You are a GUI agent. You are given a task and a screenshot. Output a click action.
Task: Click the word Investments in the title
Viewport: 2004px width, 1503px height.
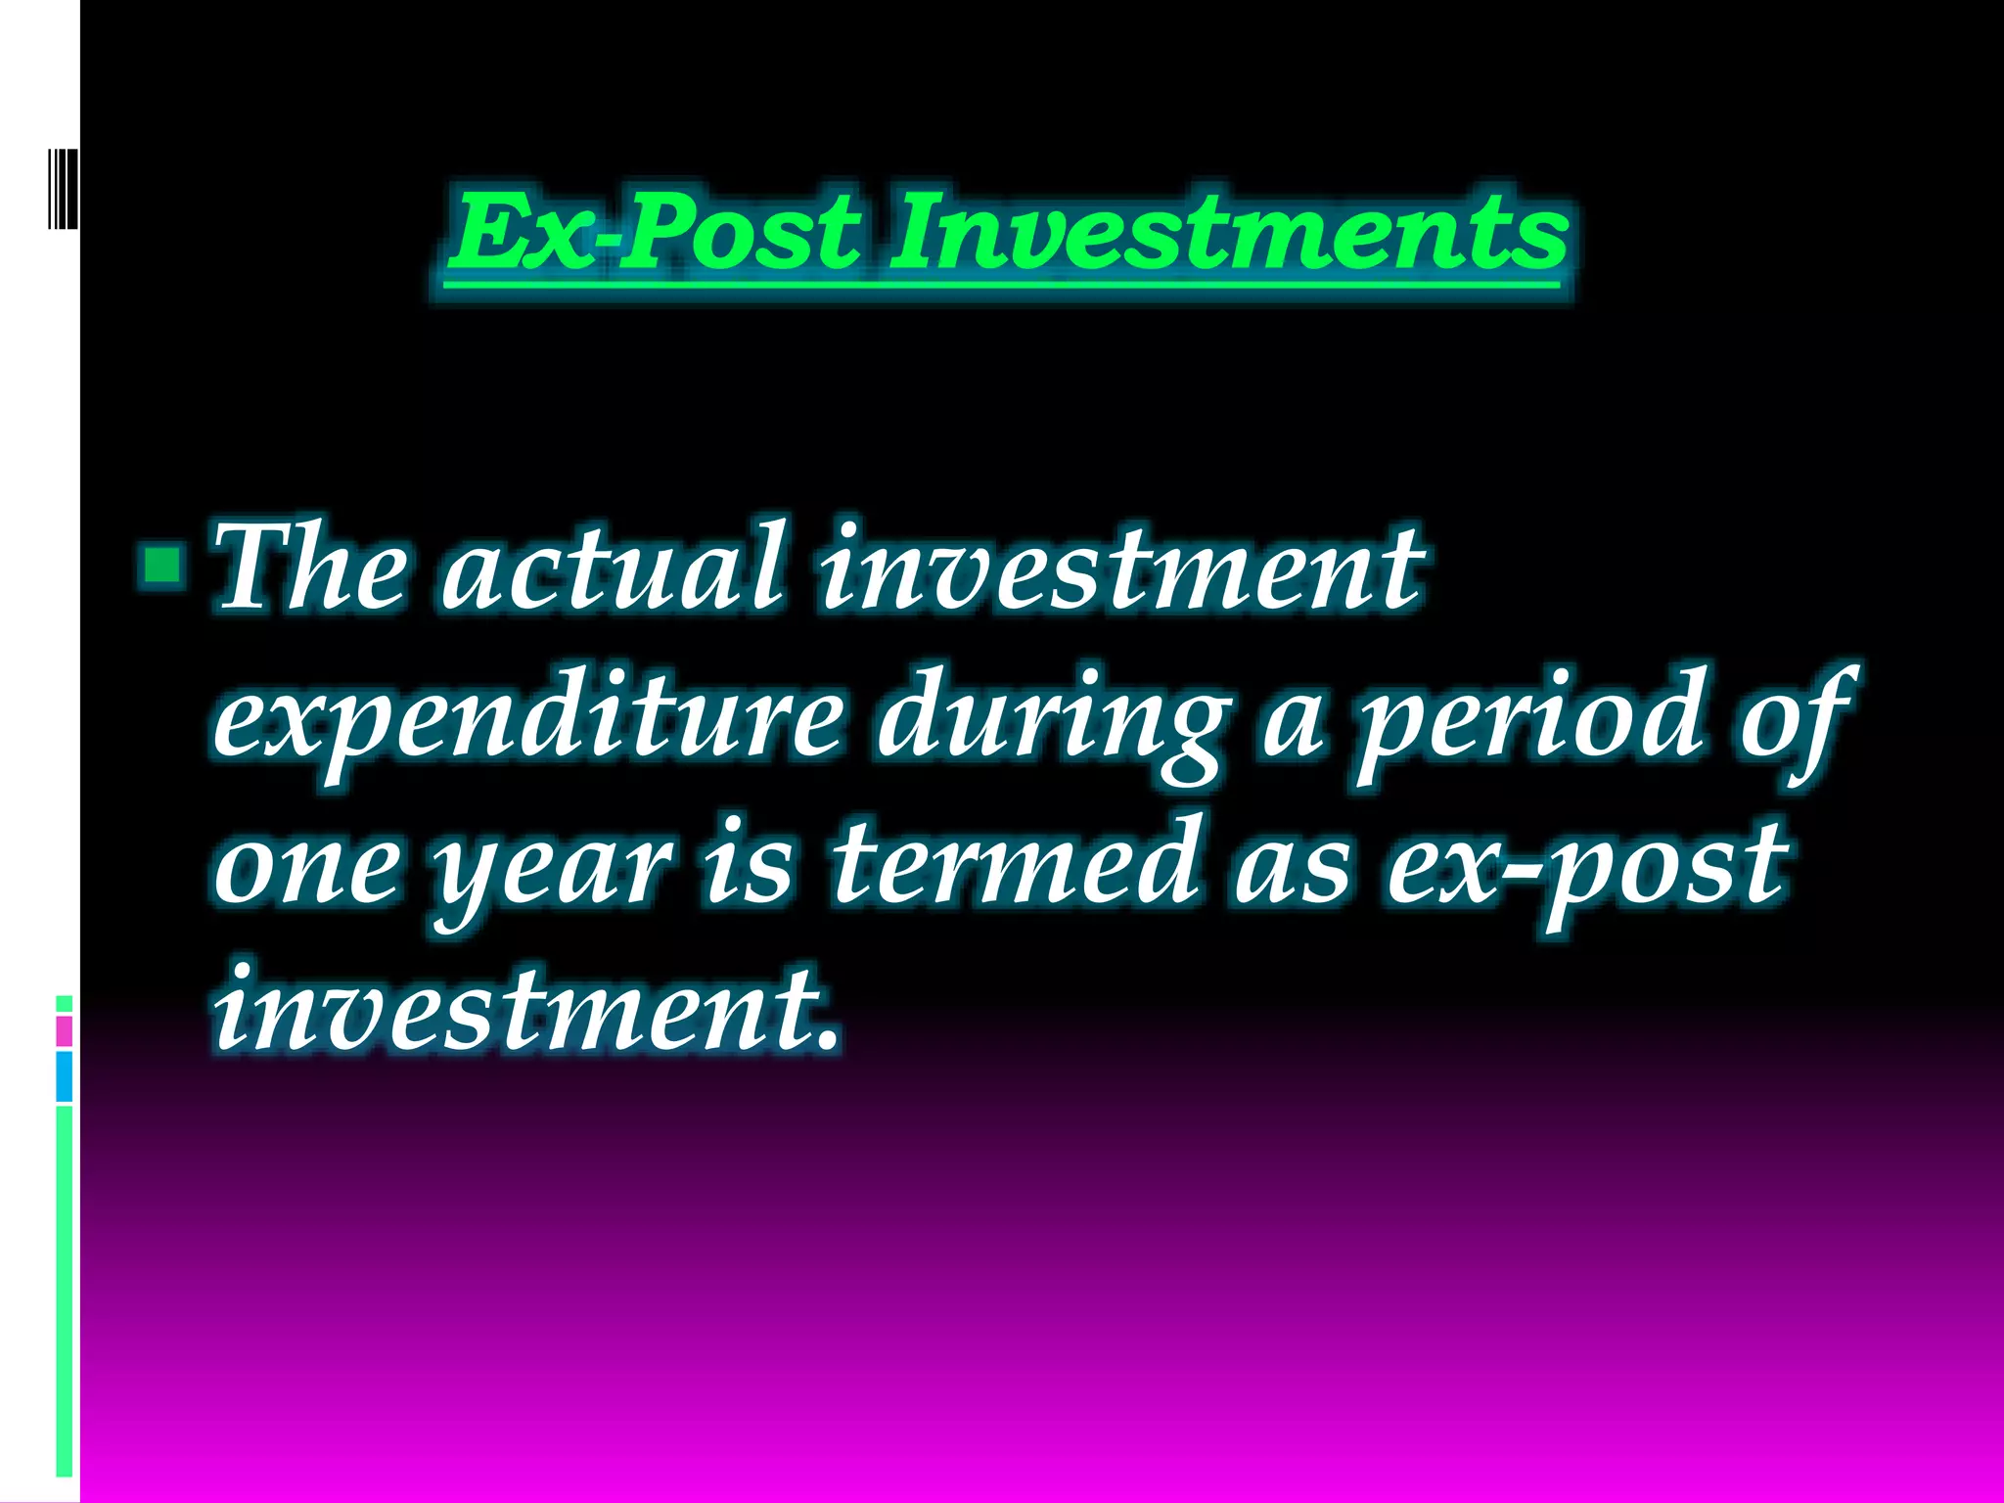coord(1228,233)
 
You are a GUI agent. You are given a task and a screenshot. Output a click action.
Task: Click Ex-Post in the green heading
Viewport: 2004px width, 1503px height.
coord(654,233)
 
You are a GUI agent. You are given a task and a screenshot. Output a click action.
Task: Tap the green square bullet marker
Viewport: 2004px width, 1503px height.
coord(161,565)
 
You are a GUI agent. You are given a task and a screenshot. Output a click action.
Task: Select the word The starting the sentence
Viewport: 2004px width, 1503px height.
coord(310,567)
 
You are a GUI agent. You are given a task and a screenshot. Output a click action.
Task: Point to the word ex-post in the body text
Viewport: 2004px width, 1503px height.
coord(1585,866)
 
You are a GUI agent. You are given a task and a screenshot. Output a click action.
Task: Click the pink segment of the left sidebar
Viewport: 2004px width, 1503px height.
coord(64,1031)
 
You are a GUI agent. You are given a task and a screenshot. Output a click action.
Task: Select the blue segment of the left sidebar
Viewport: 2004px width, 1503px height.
coord(64,1076)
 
